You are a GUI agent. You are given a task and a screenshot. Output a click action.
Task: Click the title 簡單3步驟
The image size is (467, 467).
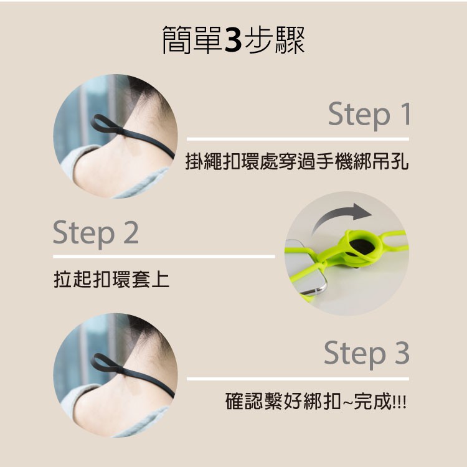(233, 40)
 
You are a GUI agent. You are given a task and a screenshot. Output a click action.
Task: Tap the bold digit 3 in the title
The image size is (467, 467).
(233, 40)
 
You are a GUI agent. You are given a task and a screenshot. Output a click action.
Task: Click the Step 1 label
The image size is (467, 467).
(370, 115)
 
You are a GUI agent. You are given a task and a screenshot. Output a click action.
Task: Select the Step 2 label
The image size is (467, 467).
(96, 233)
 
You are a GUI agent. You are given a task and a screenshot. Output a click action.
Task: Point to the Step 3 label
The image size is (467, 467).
(367, 354)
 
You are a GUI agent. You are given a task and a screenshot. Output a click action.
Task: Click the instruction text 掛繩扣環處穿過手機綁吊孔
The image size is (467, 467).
(297, 161)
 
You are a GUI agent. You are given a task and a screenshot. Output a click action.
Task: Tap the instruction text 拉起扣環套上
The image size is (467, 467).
(111, 280)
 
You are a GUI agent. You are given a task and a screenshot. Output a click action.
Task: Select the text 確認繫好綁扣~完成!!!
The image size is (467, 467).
(316, 401)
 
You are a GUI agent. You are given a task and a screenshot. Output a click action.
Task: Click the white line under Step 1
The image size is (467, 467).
(298, 139)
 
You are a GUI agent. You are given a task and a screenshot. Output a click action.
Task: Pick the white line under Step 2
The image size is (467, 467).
(164, 257)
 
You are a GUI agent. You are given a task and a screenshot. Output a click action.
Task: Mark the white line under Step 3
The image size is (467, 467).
(298, 379)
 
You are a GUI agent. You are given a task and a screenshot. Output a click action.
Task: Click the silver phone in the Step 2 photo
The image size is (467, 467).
(304, 267)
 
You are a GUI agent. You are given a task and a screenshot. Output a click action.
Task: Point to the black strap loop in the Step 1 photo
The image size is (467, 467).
(106, 124)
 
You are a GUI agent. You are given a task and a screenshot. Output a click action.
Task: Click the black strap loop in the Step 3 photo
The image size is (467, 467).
(106, 364)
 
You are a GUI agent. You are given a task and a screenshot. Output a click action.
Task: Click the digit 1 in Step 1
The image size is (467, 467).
(405, 113)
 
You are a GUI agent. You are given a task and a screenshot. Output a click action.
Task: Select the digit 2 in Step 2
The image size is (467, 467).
(131, 232)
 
